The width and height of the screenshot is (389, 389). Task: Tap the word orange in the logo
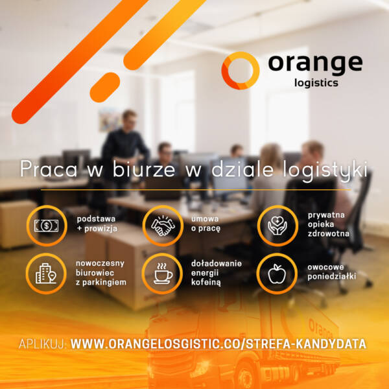pos(315,64)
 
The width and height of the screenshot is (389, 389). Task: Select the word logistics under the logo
pos(316,83)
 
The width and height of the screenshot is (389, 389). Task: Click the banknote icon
pos(47,226)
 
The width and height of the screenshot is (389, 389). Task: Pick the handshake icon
pos(163,226)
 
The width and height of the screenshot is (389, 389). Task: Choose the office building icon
pos(46,274)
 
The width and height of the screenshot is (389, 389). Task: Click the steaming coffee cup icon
pos(163,274)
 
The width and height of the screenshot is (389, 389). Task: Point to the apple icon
pos(277,274)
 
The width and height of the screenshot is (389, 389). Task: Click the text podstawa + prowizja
pos(97,224)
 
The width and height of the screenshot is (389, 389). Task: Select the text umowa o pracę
pos(206,224)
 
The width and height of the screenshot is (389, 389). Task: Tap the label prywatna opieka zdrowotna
pos(329,224)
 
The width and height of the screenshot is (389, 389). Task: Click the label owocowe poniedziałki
pos(332,272)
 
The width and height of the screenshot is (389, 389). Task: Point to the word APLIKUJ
pos(42,344)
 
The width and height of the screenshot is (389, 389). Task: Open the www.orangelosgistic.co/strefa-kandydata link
pos(218,344)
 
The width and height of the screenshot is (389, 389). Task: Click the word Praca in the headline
pos(49,169)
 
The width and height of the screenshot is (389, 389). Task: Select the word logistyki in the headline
pos(325,170)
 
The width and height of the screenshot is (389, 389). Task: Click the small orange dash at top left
pos(104,87)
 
